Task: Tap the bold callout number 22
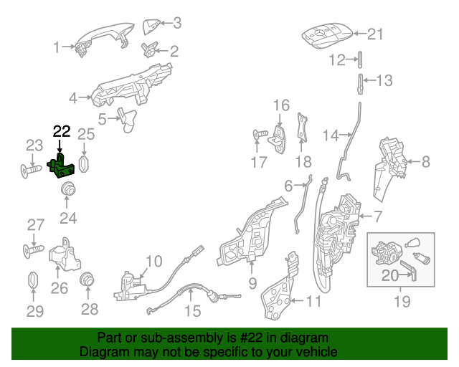(x=62, y=131)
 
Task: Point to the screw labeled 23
(x=32, y=171)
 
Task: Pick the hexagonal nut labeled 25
(x=84, y=164)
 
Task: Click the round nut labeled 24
(x=68, y=189)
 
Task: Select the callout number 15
(x=193, y=311)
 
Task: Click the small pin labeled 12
(x=360, y=59)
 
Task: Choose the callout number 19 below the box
(x=402, y=302)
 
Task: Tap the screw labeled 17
(x=260, y=135)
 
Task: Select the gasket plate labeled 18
(x=303, y=128)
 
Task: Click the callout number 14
(x=331, y=135)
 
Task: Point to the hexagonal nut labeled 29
(x=33, y=280)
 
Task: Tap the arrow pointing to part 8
(x=413, y=161)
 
